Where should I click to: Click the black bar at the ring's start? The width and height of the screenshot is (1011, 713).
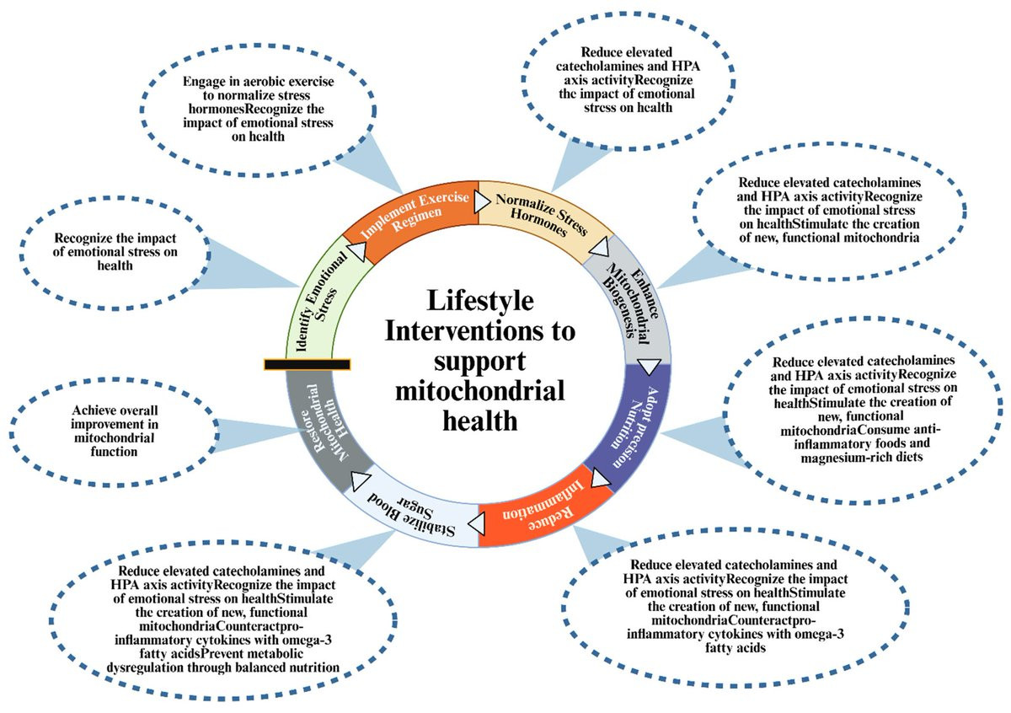coord(307,364)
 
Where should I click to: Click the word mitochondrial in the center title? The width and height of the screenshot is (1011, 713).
coord(477,390)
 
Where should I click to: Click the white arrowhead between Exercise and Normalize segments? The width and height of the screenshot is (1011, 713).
coord(481,202)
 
